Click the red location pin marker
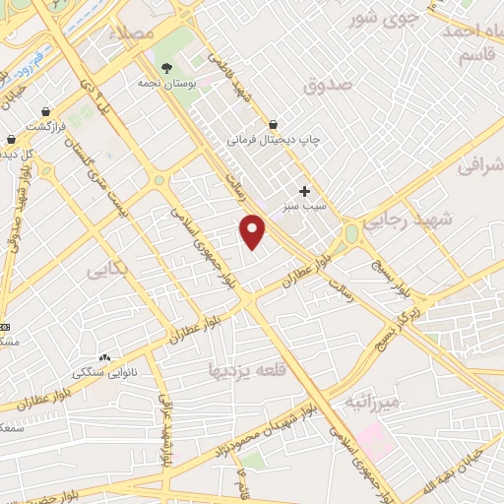click(253, 231)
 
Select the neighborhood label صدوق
click(327, 86)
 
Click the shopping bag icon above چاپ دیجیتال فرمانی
click(273, 124)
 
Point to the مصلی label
click(136, 32)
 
